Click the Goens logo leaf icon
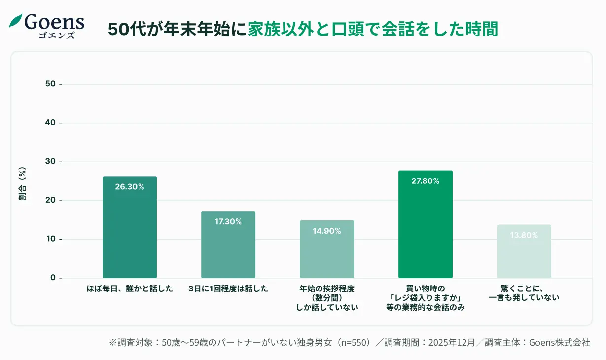click(x=16, y=21)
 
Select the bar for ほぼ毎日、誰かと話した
click(x=130, y=227)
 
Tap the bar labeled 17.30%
click(x=228, y=245)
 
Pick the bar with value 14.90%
click(x=327, y=249)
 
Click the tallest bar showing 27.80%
click(x=426, y=224)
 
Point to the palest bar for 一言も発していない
click(x=524, y=252)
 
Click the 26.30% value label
click(x=130, y=187)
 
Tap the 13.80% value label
click(x=524, y=235)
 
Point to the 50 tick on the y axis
click(x=50, y=84)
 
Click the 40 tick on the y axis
click(x=50, y=123)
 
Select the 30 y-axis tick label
click(x=50, y=162)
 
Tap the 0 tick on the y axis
click(x=53, y=278)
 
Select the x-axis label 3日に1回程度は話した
click(x=228, y=289)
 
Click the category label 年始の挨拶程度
click(x=327, y=289)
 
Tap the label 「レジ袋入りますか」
click(x=426, y=298)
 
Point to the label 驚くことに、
click(x=524, y=289)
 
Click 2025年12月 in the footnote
click(x=452, y=343)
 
